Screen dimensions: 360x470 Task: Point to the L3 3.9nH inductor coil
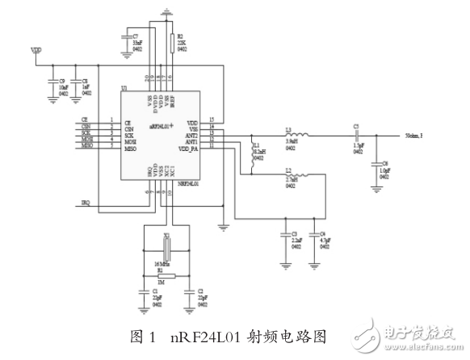pos(298,134)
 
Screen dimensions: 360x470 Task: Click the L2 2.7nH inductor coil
pos(298,177)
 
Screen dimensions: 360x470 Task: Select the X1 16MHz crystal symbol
pos(167,246)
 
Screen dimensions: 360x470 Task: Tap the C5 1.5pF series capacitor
pos(355,137)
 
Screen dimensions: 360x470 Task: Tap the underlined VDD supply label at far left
pos(36,50)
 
